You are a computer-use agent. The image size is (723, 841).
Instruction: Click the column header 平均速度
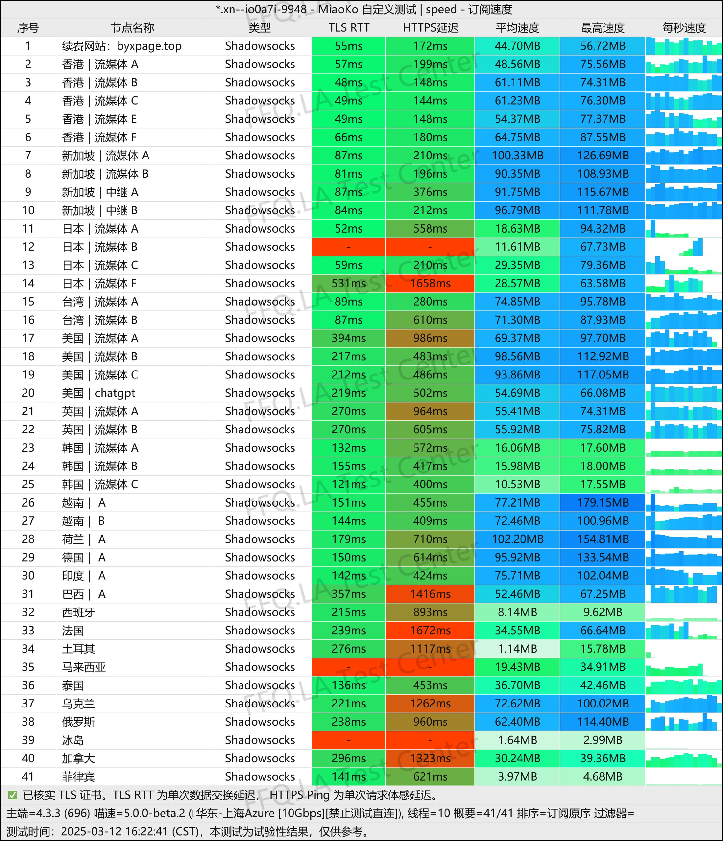tap(517, 28)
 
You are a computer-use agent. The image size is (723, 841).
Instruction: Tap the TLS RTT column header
tap(349, 28)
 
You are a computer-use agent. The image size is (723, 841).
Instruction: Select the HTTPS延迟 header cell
tap(430, 28)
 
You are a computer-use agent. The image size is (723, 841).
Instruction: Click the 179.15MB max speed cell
tap(603, 503)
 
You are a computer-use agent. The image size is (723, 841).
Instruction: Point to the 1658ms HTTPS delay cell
tap(430, 283)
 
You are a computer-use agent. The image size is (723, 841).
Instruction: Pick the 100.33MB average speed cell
tap(517, 155)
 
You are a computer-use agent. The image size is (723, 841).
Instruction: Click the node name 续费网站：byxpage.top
tap(122, 46)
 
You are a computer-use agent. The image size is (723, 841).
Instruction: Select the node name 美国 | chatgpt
tap(98, 393)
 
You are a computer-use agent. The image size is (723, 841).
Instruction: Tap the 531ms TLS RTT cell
tap(349, 283)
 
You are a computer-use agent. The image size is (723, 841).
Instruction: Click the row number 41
tap(28, 777)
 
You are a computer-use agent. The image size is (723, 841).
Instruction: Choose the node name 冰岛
tap(73, 740)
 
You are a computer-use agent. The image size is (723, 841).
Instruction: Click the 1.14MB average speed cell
tap(517, 648)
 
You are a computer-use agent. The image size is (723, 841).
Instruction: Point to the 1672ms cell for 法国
tap(430, 630)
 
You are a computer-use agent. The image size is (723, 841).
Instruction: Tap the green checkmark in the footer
tap(12, 795)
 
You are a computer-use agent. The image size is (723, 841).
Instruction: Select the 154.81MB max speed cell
tap(603, 539)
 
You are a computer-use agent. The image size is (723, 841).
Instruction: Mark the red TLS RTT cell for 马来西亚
tap(349, 667)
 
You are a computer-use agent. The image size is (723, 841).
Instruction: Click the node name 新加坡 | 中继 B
tap(100, 210)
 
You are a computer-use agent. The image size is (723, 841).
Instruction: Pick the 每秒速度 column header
tap(684, 28)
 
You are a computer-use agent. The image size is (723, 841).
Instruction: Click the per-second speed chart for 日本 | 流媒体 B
tap(684, 247)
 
